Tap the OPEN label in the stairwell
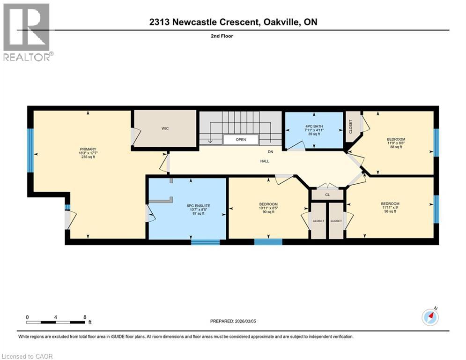pos(240,140)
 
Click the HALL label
pos(265,161)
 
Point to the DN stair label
pos(270,152)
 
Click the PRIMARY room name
pos(88,149)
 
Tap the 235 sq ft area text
pos(88,157)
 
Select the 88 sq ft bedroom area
pos(396,147)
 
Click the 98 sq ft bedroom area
pos(390,211)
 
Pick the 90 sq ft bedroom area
pos(268,212)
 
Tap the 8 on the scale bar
pos(84,317)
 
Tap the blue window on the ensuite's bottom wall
pos(205,242)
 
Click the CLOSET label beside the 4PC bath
pos(351,126)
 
